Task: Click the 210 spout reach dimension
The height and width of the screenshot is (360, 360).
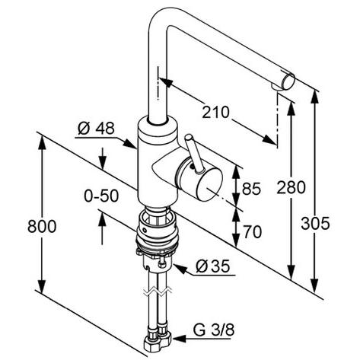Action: coord(215,113)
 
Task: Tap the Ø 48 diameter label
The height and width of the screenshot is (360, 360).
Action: coord(96,129)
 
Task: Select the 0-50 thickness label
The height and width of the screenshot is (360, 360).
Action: coord(101,196)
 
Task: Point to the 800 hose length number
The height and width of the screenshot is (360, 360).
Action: coord(42,227)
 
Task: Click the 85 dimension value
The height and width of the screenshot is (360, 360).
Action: coord(251,189)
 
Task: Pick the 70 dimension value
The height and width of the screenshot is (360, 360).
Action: coord(253,232)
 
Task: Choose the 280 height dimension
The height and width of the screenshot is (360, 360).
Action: coord(291,188)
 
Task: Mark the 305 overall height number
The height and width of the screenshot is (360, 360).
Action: coord(315,224)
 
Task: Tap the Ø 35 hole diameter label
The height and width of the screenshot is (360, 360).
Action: coord(212,266)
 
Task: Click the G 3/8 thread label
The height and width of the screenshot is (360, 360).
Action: coord(214,330)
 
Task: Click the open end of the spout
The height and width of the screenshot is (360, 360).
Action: coord(288,81)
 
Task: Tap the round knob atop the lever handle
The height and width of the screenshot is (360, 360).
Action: coord(189,137)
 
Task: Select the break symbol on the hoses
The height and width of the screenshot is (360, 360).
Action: coord(158,292)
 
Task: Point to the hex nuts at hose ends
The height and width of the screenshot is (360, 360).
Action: coord(158,341)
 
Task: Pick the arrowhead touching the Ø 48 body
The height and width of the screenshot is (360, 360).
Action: coord(129,144)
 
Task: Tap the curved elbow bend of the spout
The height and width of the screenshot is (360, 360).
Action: coord(158,21)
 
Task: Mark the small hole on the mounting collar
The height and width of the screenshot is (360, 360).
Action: coord(145,231)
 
